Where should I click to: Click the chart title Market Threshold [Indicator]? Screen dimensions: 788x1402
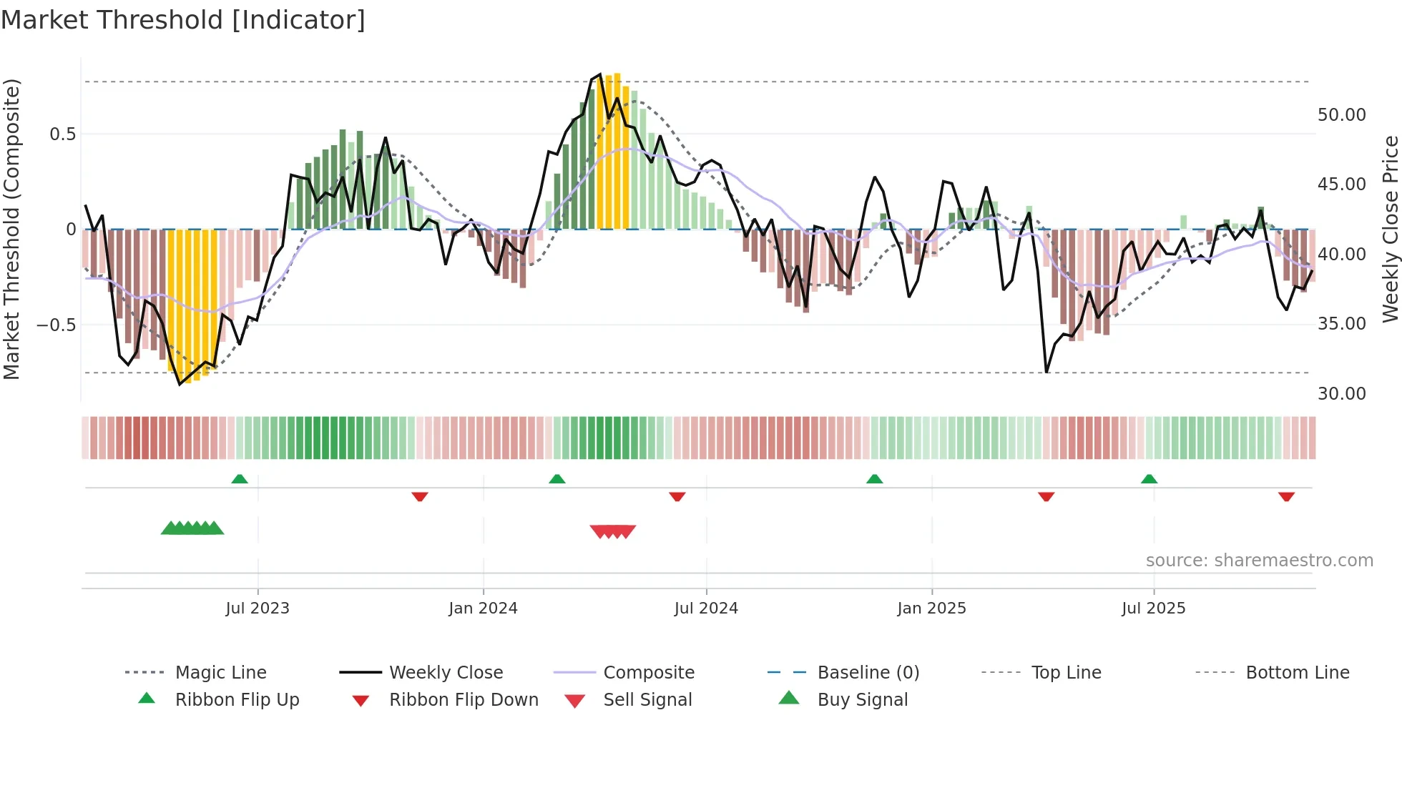tap(183, 20)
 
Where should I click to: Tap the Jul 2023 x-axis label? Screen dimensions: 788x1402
tap(258, 609)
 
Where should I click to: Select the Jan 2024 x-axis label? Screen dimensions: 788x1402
tap(483, 609)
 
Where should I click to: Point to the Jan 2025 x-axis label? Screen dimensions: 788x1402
tap(931, 609)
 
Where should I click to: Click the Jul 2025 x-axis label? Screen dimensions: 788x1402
tap(1153, 609)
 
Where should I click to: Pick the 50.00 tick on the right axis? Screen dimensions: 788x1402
tap(1341, 115)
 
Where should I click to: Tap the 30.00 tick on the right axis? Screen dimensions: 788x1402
tap(1341, 394)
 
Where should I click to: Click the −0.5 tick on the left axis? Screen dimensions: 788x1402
tap(57, 325)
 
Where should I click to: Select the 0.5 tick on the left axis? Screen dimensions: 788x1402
tap(62, 134)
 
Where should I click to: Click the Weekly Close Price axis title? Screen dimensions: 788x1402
tap(1390, 229)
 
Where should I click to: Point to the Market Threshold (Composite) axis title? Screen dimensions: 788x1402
tap(11, 229)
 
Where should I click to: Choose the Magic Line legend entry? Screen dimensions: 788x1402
tap(220, 673)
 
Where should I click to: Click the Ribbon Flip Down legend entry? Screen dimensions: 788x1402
tap(464, 700)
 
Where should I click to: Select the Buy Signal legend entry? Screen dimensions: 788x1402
tap(862, 700)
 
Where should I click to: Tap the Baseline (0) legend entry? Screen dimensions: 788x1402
tap(868, 673)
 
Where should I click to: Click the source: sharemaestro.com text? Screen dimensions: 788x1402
tap(1259, 561)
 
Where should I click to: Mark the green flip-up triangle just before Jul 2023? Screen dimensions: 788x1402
tap(240, 479)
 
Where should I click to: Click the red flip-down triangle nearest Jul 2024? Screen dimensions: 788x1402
tap(677, 496)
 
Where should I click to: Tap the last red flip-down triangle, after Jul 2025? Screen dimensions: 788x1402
tap(1286, 496)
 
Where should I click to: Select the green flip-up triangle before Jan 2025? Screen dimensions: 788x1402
tap(874, 479)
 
